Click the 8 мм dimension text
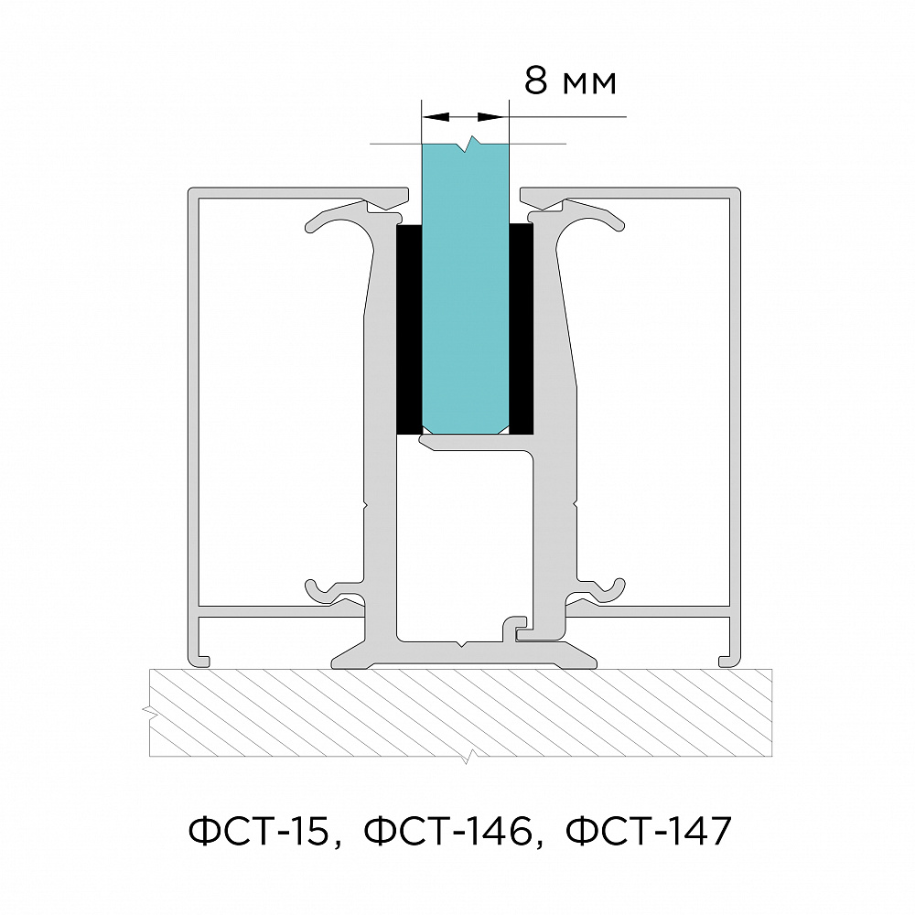(570, 81)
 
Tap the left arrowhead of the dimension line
(436, 117)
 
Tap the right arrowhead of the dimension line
(491, 117)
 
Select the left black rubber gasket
(409, 329)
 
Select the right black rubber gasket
(522, 328)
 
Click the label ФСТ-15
(259, 831)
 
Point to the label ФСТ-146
(447, 831)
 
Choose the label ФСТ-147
(649, 831)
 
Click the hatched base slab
(461, 713)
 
